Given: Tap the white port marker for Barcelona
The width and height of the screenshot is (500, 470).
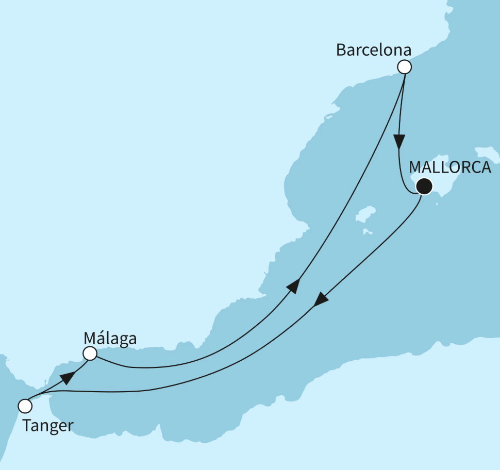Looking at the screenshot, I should click(405, 67).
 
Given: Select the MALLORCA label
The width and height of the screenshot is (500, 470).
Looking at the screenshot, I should click(450, 167).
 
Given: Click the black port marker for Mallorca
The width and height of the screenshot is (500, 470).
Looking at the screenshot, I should click(423, 186).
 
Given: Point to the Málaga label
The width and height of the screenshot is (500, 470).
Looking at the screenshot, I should click(110, 339).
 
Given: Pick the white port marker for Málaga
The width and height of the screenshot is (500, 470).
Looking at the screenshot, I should click(90, 354).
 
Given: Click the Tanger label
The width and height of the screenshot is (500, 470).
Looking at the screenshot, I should click(48, 426).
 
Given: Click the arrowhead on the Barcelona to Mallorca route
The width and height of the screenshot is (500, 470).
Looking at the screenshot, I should click(399, 141).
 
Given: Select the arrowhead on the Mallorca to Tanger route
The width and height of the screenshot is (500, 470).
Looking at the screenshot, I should click(321, 299).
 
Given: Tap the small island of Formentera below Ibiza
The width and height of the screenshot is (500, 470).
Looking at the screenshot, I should click(367, 232).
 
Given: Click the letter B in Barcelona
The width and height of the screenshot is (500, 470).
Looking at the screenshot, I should click(341, 50).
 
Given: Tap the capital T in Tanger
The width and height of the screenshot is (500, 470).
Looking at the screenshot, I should click(27, 426).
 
